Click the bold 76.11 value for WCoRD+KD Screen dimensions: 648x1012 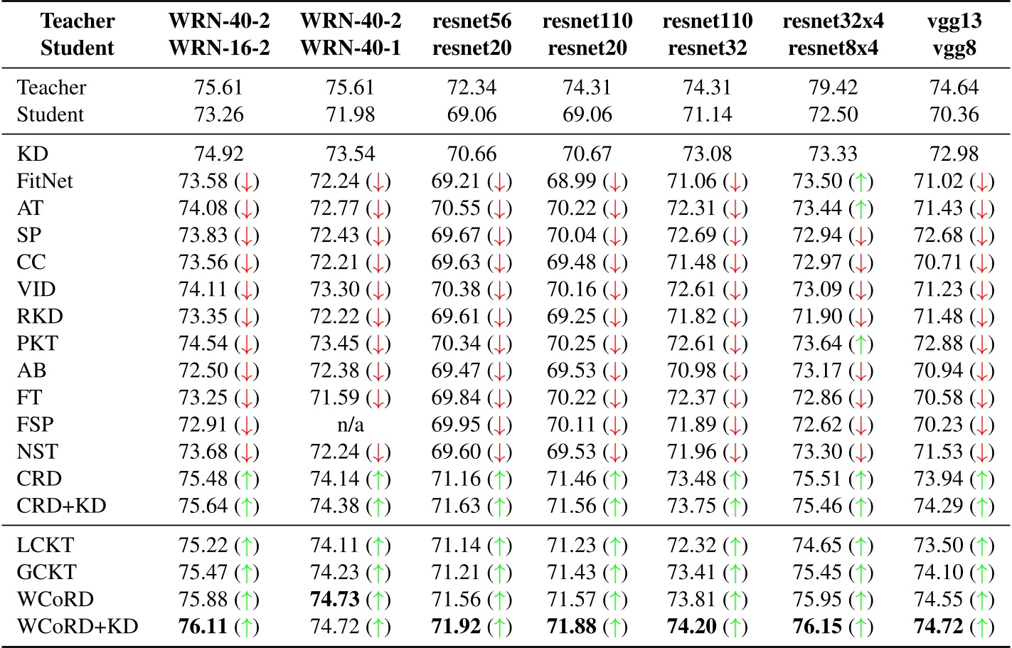(203, 627)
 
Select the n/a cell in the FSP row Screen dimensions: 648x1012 (350, 425)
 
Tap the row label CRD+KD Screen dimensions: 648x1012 (61, 506)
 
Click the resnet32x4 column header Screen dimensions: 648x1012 (833, 21)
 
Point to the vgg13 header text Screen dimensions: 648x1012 (954, 21)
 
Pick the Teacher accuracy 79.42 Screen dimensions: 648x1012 (833, 87)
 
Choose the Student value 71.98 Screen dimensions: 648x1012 (350, 115)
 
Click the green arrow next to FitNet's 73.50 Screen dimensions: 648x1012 (861, 181)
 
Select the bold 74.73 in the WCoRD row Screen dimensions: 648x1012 (335, 600)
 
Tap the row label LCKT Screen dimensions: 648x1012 (45, 546)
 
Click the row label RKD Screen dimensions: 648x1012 (40, 317)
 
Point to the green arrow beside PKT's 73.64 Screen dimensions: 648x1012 (861, 344)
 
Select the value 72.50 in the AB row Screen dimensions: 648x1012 (203, 371)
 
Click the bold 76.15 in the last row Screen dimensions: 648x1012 (818, 627)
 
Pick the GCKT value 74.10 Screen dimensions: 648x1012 (938, 573)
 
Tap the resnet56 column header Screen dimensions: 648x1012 (472, 21)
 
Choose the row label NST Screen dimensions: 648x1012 (37, 452)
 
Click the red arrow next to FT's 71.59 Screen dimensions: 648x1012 (378, 398)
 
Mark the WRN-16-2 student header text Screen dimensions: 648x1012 (218, 48)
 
